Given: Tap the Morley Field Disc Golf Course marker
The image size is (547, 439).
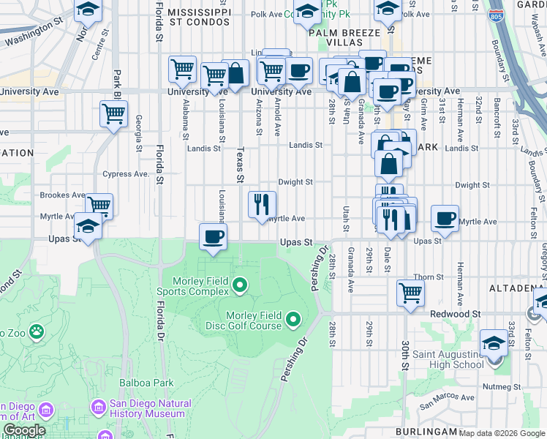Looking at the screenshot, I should coord(293,318).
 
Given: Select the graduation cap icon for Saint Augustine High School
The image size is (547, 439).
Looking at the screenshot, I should coord(494,344).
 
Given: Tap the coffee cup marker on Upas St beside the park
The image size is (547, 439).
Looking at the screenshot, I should coord(214,237).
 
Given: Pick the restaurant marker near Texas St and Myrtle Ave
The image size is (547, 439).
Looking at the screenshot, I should coord(262,204).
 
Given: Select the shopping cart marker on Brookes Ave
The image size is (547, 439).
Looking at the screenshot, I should coord(99,206).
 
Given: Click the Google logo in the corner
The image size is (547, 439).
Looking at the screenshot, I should coord(24,430).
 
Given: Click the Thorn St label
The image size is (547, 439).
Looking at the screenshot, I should coord(429,277).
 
